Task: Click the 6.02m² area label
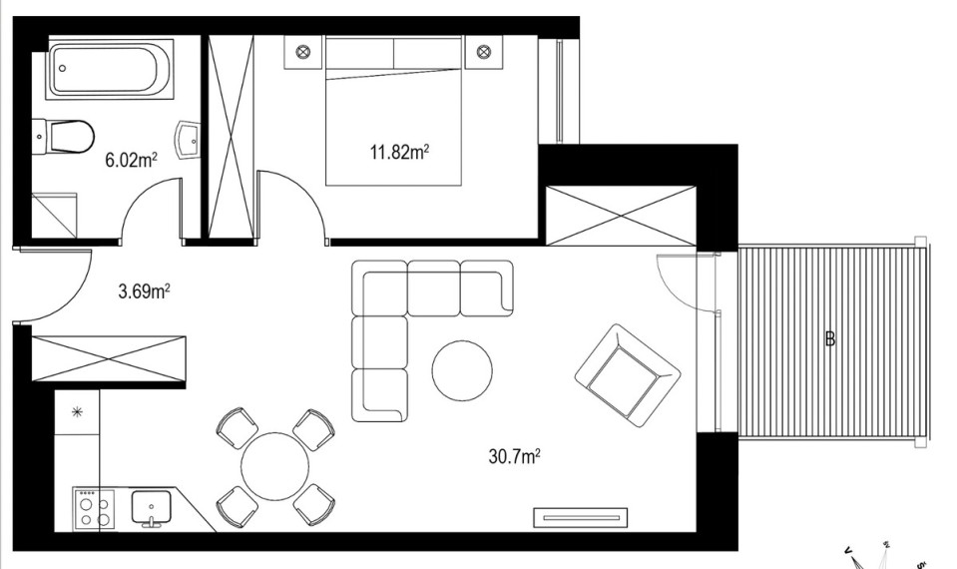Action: tap(131, 160)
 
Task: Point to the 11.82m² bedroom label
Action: tap(399, 152)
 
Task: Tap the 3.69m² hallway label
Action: tap(144, 291)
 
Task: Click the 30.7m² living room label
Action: tap(515, 456)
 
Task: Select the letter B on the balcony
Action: tap(830, 338)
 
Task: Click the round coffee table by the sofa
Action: tap(462, 370)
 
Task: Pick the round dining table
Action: tap(274, 466)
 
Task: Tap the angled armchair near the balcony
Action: tap(628, 375)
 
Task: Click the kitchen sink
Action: tap(152, 507)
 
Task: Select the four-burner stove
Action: tap(94, 509)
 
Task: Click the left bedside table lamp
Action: tap(303, 52)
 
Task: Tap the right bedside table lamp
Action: tap(483, 51)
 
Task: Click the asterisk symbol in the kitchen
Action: tap(77, 412)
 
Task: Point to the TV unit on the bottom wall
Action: tap(581, 518)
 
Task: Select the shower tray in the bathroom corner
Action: tap(54, 216)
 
